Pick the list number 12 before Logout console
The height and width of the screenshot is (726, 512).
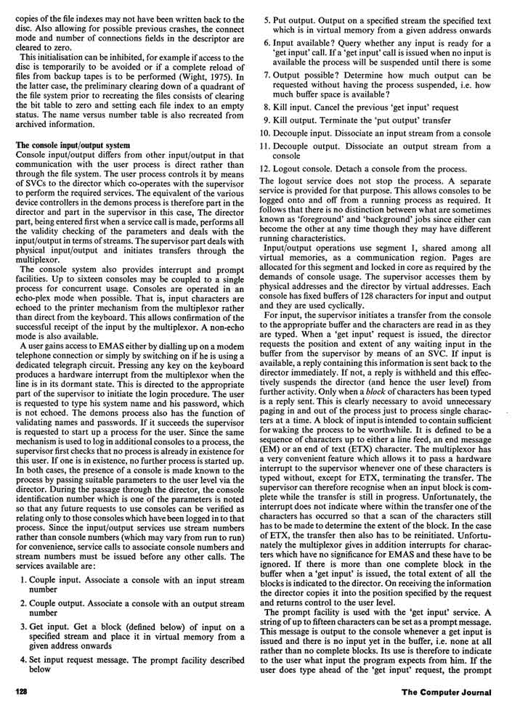pos(267,168)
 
